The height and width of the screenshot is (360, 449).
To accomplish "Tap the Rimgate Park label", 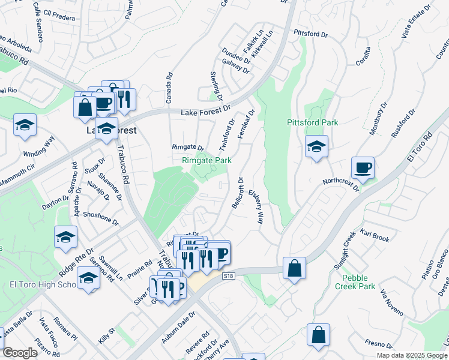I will click(206, 160).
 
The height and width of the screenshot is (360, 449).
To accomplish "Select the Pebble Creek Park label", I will click(358, 282).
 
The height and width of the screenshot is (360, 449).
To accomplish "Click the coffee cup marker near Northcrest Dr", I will click(363, 168).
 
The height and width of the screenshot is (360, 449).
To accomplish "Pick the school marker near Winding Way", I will click(25, 125).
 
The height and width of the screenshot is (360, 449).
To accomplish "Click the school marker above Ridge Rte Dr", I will click(65, 237).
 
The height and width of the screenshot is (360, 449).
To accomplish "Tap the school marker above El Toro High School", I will click(89, 278).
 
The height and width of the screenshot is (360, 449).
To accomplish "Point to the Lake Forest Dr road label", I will click(206, 110).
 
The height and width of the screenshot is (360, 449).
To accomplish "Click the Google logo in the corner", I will click(20, 353).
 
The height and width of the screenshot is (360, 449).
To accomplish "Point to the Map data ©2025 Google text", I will click(412, 355).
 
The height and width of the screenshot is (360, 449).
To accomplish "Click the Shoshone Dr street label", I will click(100, 217).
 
